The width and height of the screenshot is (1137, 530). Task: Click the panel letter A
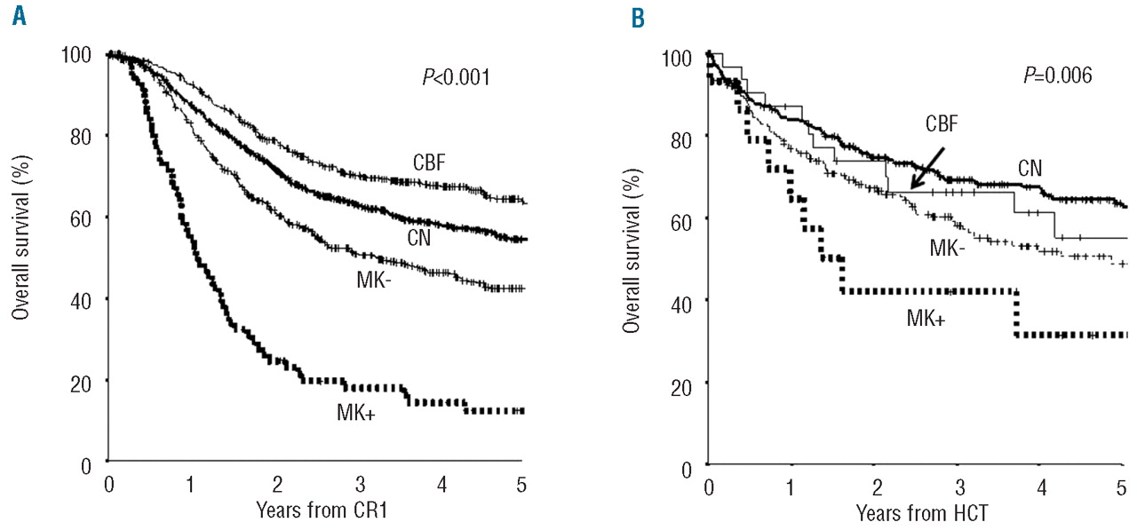coord(17,15)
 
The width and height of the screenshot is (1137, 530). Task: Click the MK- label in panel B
coord(948,249)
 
